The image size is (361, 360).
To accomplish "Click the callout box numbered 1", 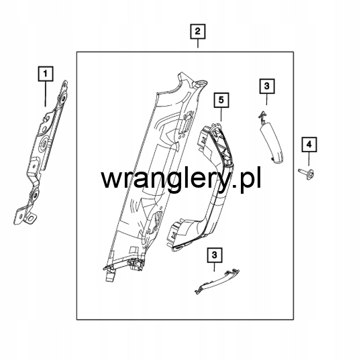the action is point(46,74).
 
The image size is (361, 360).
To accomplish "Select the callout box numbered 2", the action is point(198,32).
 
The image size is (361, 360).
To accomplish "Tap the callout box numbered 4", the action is point(309,144).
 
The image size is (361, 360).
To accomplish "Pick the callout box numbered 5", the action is point(221,100).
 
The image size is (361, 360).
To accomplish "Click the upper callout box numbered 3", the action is point(267,86).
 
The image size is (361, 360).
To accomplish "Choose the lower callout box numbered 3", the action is point(215,255).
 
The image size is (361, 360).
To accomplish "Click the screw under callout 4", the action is point(306,173).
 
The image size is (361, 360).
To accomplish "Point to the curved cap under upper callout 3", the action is point(270,140).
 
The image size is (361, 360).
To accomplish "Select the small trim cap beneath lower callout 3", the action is point(217,282).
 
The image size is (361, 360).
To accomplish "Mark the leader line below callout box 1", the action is point(46,94).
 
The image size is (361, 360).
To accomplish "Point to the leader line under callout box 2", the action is point(198,44).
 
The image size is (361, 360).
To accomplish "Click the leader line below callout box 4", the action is point(309,158).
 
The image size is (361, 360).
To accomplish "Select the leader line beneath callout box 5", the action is point(221,115).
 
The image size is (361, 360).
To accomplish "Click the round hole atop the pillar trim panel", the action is point(201,82).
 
